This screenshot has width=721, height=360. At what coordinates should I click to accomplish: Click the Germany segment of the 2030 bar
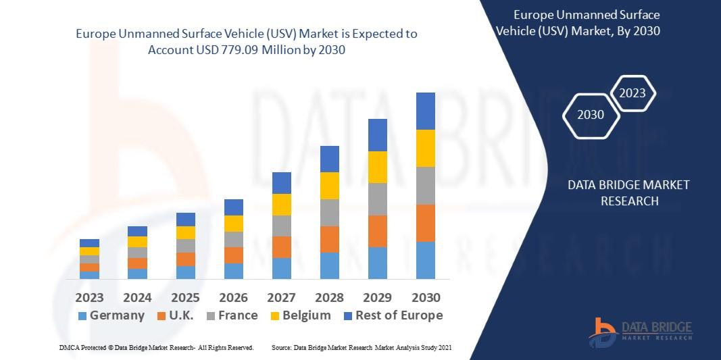(x=425, y=260)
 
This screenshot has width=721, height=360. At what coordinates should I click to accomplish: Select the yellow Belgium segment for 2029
(x=377, y=167)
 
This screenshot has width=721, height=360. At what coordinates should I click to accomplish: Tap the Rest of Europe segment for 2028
(x=329, y=159)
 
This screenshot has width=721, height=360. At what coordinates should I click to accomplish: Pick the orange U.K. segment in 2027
(x=281, y=247)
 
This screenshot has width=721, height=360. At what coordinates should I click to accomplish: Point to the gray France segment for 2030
(x=425, y=186)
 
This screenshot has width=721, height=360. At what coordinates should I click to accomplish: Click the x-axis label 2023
(x=89, y=297)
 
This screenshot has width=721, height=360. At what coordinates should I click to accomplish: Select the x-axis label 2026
(x=233, y=297)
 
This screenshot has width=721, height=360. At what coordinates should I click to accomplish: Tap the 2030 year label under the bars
(x=425, y=297)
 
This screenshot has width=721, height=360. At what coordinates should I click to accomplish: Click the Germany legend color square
(x=82, y=315)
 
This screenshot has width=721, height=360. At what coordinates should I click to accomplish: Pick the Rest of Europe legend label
(x=399, y=315)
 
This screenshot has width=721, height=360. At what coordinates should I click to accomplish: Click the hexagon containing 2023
(x=633, y=93)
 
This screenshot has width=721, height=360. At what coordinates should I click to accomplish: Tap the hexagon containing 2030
(x=592, y=115)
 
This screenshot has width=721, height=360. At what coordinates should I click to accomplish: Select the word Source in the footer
(x=281, y=347)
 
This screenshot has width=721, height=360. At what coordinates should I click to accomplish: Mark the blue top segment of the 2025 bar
(x=185, y=220)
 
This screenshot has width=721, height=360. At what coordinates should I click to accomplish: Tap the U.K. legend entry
(x=175, y=315)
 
